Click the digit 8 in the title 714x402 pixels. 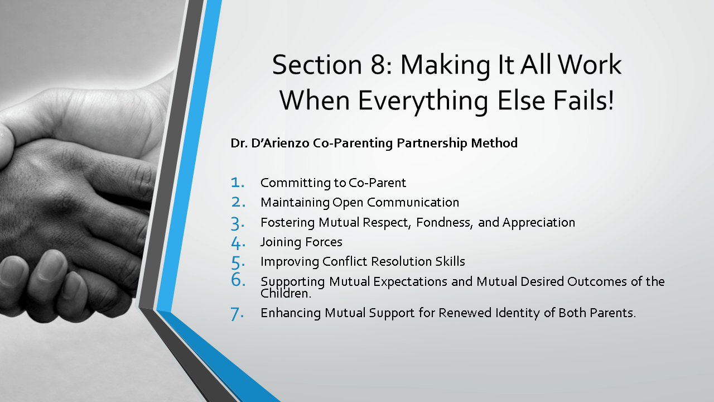(378, 65)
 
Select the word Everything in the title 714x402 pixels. (423, 102)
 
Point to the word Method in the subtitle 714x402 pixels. (494, 143)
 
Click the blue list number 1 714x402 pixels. (238, 183)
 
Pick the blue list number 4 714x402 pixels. (238, 243)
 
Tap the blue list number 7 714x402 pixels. (237, 314)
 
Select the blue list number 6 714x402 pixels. (238, 280)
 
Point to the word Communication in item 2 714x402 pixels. (413, 202)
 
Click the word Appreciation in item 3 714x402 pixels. (539, 223)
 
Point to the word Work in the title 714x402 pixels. (590, 65)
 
